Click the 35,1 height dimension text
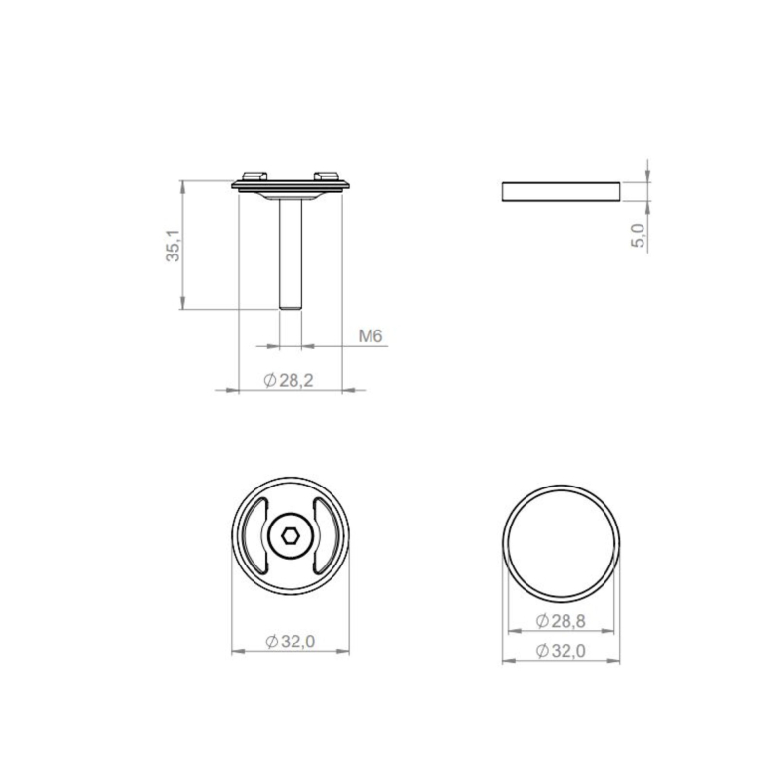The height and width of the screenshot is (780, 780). tap(173, 246)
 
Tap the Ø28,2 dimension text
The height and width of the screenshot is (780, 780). tap(289, 381)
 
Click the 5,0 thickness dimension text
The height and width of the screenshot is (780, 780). tap(639, 235)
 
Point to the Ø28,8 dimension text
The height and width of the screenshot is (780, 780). tap(561, 620)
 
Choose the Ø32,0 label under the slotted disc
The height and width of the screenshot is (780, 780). tap(290, 642)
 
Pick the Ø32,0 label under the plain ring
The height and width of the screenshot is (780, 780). tap(561, 652)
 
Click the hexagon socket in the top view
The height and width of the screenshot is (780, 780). tap(291, 534)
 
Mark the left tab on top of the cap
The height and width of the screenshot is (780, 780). tap(257, 175)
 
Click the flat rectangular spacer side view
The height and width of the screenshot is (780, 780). tap(561, 191)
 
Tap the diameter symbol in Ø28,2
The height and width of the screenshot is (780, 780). tap(270, 381)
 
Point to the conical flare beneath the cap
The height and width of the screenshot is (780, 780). tap(291, 195)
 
